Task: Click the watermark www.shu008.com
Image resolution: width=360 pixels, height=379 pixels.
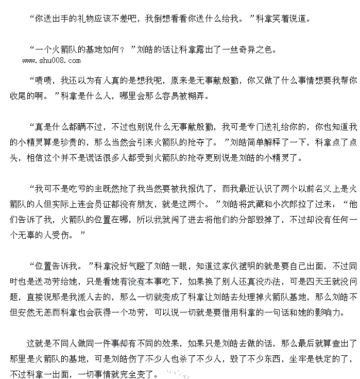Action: (51, 61)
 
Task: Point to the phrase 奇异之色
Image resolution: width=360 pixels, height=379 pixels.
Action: (256, 50)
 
